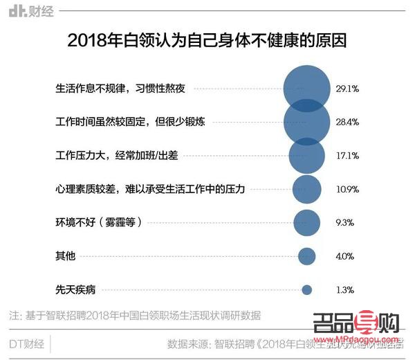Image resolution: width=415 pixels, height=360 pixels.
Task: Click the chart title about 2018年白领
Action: (x=207, y=42)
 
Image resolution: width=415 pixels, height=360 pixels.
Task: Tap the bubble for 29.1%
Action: (x=306, y=89)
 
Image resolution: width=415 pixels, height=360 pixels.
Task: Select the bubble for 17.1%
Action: (x=306, y=155)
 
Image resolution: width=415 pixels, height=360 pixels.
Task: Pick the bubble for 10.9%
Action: (x=306, y=188)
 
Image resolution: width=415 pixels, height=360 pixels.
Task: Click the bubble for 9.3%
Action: (x=306, y=222)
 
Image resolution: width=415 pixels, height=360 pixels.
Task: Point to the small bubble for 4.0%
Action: (x=306, y=256)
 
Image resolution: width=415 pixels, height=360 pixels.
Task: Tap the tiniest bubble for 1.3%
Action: (x=306, y=289)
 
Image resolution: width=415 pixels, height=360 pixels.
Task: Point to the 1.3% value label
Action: (x=345, y=289)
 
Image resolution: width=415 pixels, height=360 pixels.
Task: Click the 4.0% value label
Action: (x=345, y=256)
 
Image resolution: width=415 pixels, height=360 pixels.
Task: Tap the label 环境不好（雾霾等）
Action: (x=98, y=222)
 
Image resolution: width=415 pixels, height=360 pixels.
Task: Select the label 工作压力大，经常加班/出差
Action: (x=116, y=155)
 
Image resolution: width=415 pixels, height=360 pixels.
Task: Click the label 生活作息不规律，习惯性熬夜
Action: (x=121, y=89)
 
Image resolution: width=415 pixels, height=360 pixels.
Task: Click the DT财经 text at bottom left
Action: (x=27, y=344)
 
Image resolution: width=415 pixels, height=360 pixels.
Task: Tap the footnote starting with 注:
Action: (x=135, y=315)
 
